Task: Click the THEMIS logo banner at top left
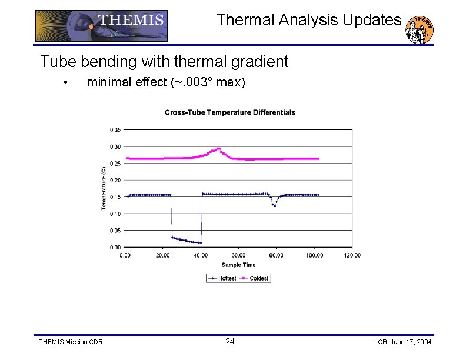(x=101, y=25)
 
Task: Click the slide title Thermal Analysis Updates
(x=309, y=20)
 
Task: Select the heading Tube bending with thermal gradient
(x=164, y=61)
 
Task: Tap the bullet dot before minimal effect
(x=68, y=82)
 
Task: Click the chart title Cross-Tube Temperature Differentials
(x=229, y=112)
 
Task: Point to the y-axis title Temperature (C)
(x=104, y=186)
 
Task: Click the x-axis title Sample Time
(x=238, y=265)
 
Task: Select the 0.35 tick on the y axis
(x=116, y=129)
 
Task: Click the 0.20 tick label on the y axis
(x=116, y=180)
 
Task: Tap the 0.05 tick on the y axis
(x=116, y=231)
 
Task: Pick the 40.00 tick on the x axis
(x=201, y=255)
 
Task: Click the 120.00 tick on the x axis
(x=352, y=255)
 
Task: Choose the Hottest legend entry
(x=222, y=278)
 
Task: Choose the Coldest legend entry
(x=254, y=278)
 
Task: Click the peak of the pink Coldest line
(x=218, y=149)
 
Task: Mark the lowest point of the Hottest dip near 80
(x=274, y=206)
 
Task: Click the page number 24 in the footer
(x=230, y=342)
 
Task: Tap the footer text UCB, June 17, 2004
(x=402, y=342)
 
